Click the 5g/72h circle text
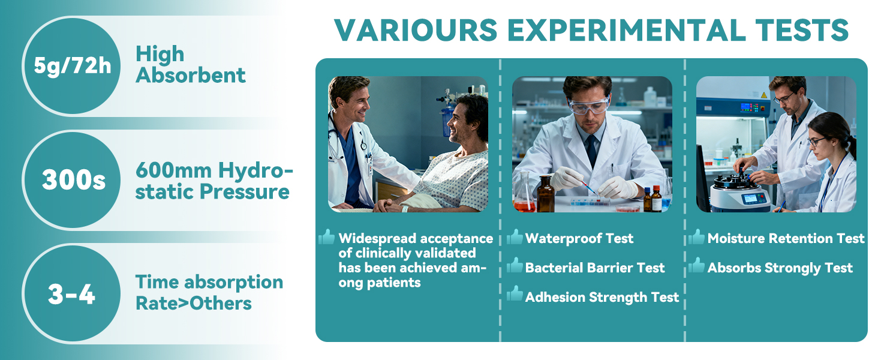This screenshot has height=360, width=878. point(73,65)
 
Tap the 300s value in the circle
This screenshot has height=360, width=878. point(74,180)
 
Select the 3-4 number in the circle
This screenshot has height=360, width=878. point(71,294)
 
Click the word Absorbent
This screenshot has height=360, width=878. point(191,75)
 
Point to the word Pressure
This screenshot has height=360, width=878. point(245,192)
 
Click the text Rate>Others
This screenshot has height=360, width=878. point(194,303)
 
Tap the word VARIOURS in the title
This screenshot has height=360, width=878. point(416,30)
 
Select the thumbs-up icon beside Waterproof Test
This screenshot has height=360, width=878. point(515,236)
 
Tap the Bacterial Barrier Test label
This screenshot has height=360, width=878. point(595,268)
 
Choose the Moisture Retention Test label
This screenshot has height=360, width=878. point(786,238)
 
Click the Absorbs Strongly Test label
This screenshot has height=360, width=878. point(780,268)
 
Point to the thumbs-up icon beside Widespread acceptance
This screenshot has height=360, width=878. point(326,236)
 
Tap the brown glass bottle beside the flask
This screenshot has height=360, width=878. point(546,194)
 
